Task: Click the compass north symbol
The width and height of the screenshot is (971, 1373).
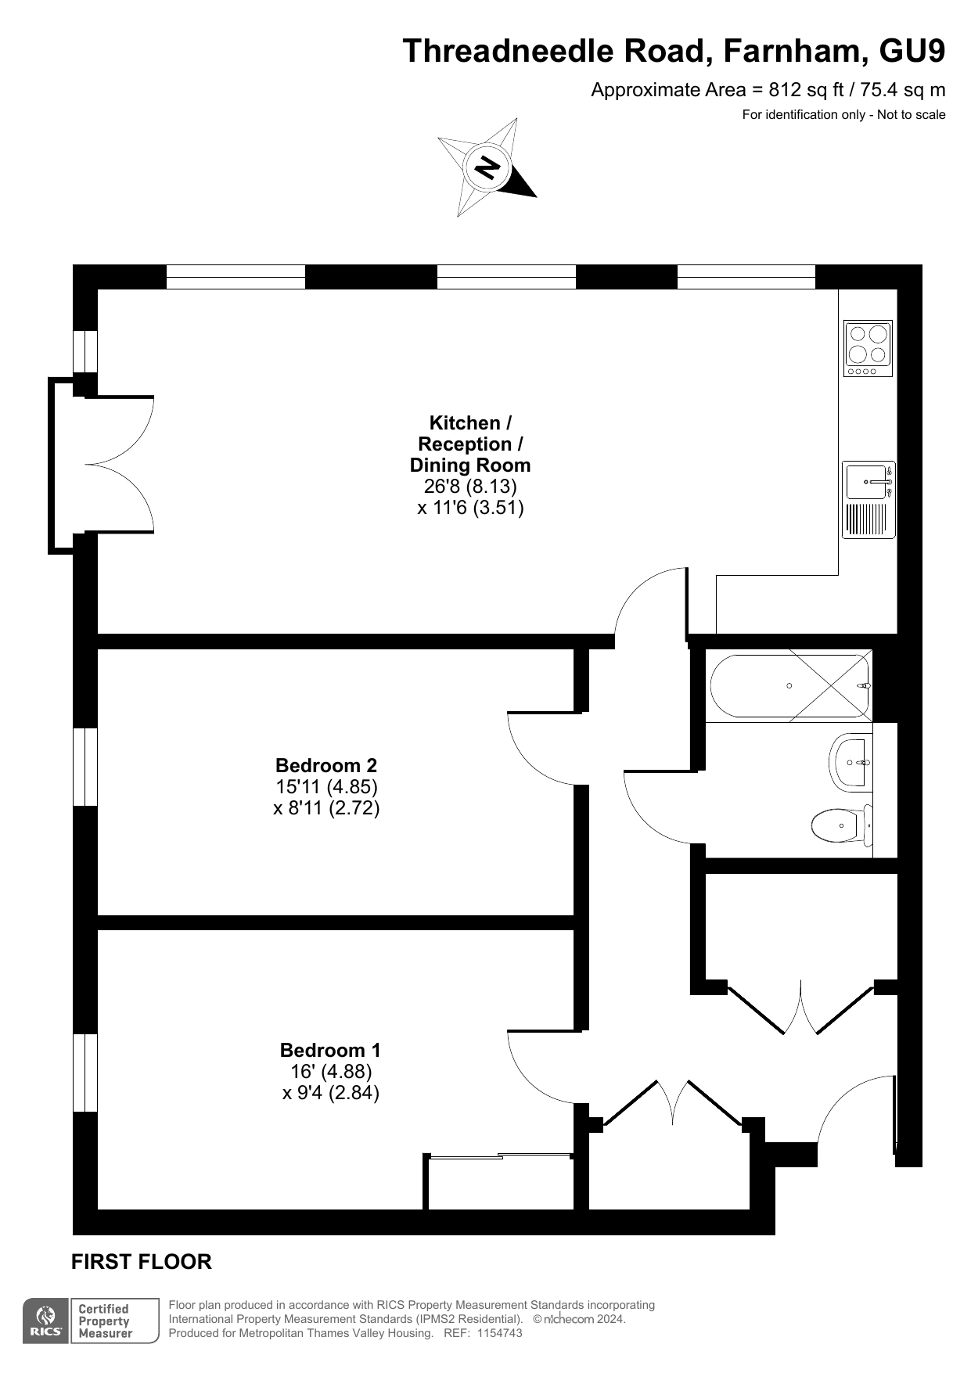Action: click(x=487, y=167)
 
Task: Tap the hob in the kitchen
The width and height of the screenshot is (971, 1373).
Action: click(x=868, y=348)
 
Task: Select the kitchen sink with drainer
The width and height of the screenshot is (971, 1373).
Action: click(x=869, y=500)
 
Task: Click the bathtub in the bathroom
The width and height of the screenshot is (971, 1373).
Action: click(x=789, y=685)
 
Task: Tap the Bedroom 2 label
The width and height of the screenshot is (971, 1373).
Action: click(x=326, y=765)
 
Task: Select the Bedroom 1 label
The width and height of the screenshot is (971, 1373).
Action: click(x=331, y=1050)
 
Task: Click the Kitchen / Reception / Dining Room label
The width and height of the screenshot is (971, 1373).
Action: click(x=470, y=444)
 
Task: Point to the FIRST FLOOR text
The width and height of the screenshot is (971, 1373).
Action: click(x=142, y=1262)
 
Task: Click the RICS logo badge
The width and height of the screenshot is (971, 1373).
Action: click(x=45, y=1321)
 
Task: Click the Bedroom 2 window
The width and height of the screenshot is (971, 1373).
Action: click(x=85, y=767)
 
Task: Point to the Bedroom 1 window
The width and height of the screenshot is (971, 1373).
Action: click(x=85, y=1073)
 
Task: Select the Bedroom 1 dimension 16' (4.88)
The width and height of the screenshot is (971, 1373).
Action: click(x=331, y=1071)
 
